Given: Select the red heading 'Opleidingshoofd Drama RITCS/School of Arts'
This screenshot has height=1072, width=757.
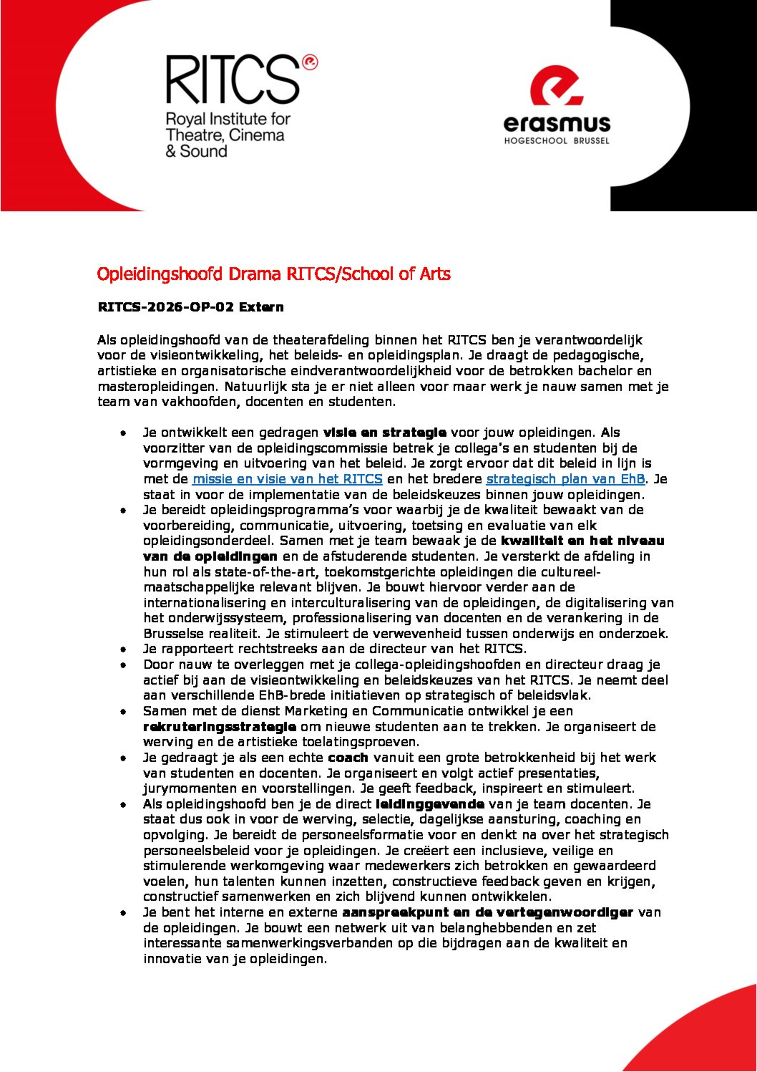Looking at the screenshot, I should [x=274, y=274].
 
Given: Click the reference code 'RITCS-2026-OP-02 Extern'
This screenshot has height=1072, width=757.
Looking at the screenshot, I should [x=190, y=307].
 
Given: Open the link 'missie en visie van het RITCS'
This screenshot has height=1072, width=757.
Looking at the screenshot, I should [x=287, y=479].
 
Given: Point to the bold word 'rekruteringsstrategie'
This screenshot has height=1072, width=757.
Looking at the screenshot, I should [x=219, y=727].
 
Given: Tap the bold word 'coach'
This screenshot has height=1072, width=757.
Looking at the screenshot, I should [x=348, y=758].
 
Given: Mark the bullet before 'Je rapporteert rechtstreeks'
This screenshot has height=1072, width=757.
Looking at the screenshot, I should [x=123, y=649].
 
